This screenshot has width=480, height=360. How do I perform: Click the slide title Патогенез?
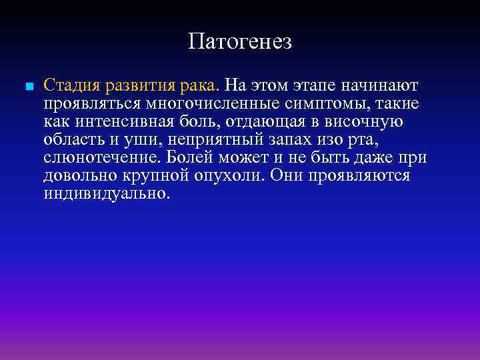pyautogui.click(x=240, y=42)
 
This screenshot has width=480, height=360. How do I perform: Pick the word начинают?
pyautogui.click(x=379, y=86)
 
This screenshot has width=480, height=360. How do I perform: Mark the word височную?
pyautogui.click(x=373, y=122)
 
